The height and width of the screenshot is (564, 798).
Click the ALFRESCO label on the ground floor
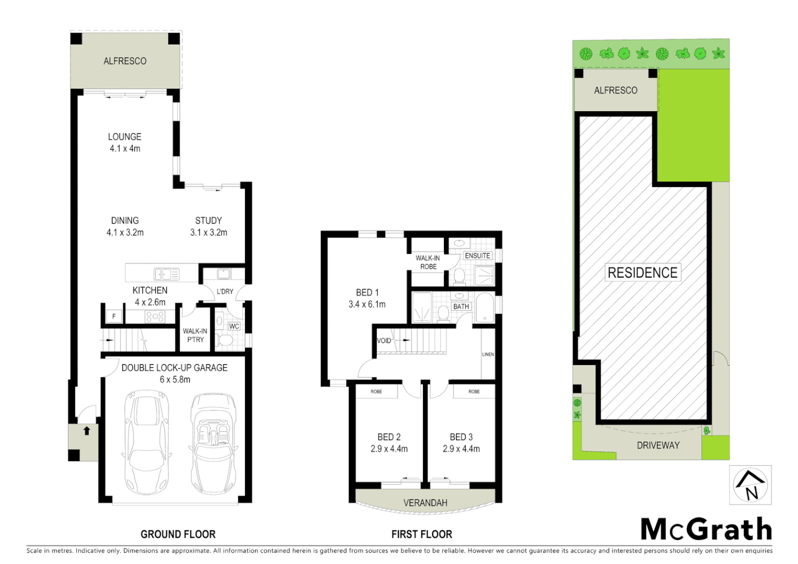125,61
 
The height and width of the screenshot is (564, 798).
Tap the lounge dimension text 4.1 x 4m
125,149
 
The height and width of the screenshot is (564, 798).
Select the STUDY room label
208,221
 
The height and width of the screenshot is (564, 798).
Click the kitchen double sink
167,274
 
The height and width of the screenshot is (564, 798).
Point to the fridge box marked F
114,316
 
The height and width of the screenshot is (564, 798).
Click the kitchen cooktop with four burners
155,316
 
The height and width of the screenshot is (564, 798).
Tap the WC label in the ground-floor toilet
234,326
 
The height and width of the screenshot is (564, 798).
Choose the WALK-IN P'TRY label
195,335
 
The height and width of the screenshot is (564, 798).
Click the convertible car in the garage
213,444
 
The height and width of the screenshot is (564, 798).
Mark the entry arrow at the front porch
87,431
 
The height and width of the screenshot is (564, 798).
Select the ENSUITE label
477,255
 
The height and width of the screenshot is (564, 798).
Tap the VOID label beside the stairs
384,340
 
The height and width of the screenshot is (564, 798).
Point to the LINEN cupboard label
488,355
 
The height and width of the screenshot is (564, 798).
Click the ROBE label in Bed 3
474,391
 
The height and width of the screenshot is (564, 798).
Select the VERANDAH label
425,503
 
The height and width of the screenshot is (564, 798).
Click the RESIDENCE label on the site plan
642,273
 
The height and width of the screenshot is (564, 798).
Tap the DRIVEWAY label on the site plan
658,445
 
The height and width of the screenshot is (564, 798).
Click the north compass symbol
750,486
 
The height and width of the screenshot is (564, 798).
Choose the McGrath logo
706,530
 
